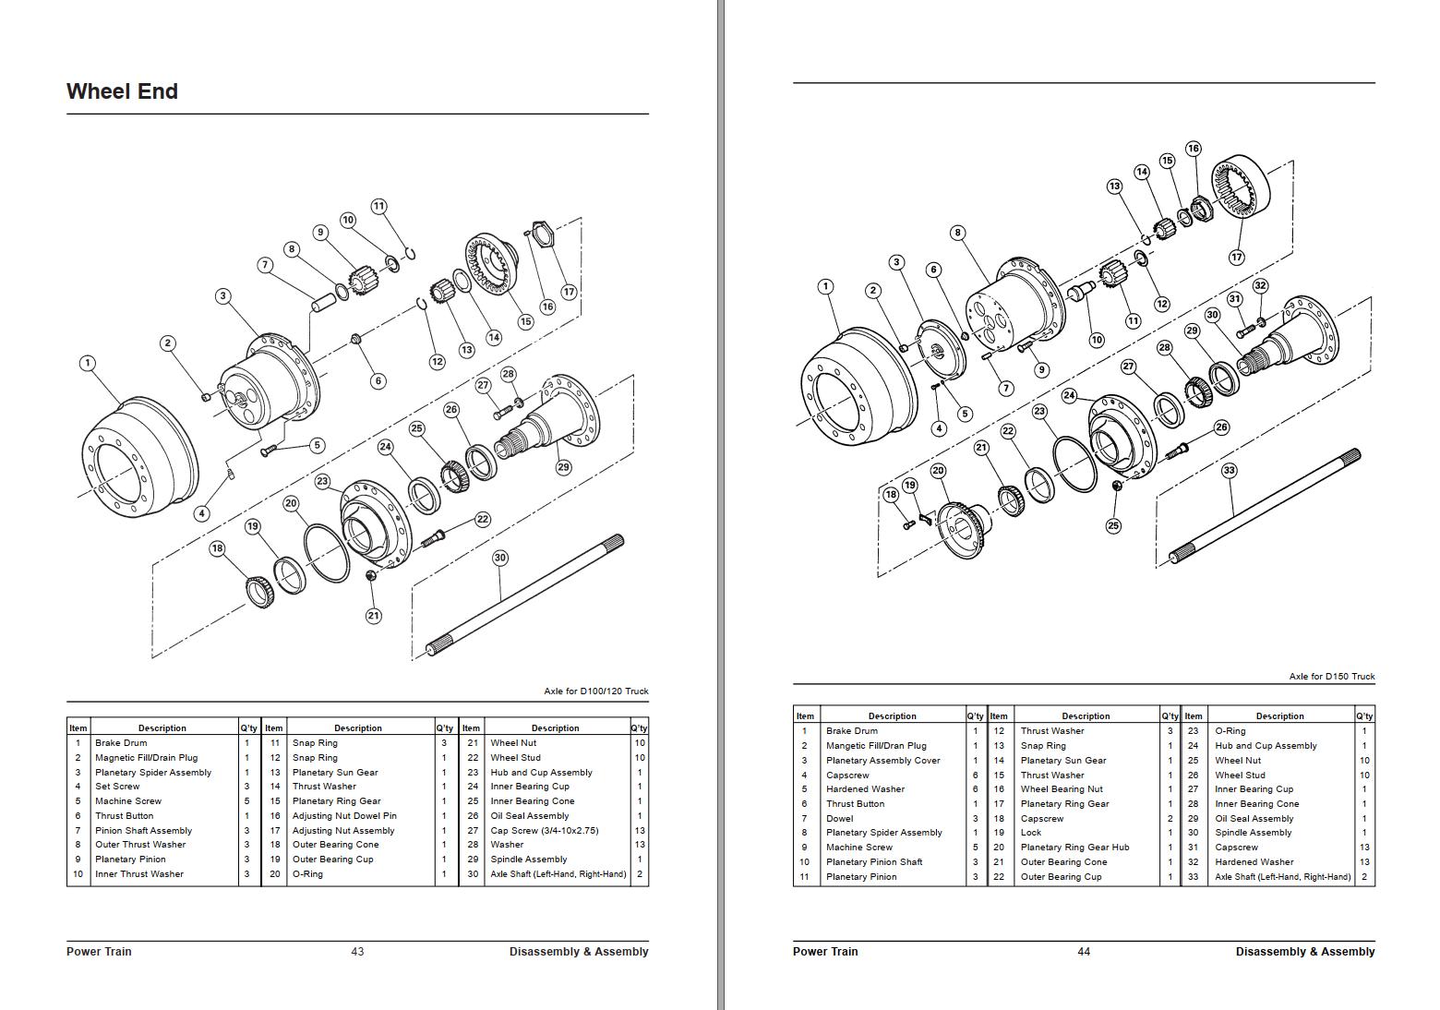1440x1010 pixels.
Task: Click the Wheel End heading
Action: pos(122,91)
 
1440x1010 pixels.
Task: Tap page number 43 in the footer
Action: pos(357,952)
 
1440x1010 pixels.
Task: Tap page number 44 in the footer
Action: pos(1084,952)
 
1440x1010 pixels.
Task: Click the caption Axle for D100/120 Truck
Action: pos(595,691)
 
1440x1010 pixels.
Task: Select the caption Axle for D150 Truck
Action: pos(1331,677)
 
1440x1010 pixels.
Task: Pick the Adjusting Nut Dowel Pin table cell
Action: pos(344,816)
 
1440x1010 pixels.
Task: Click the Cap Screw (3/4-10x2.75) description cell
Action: pos(544,831)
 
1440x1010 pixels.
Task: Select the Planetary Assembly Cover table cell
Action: pos(882,761)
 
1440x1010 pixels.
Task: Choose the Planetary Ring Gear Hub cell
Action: pos(1074,848)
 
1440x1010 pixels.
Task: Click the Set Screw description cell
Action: pos(117,787)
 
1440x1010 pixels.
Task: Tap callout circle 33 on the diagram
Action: pos(1229,470)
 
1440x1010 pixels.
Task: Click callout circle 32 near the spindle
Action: pos(1260,286)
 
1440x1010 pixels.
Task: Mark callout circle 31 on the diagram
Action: pos(1234,299)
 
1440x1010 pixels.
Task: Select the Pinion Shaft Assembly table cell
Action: pos(143,831)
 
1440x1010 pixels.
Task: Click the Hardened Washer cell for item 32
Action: pos(1254,862)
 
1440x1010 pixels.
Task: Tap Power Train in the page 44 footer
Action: pos(824,952)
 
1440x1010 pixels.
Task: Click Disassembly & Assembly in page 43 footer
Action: pos(578,952)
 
